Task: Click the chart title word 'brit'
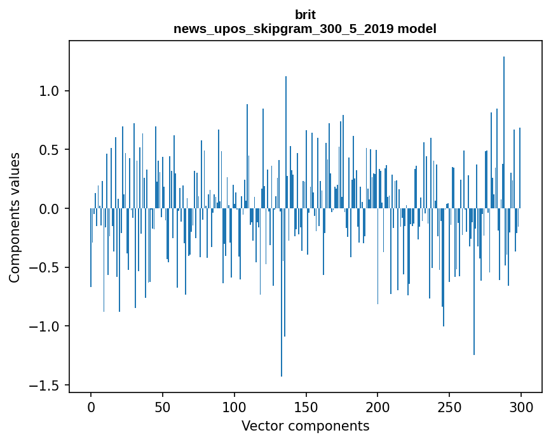(305, 15)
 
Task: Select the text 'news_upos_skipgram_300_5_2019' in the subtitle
(285, 29)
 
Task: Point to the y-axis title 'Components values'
(15, 217)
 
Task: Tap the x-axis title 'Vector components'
(305, 425)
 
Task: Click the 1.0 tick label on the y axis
(50, 91)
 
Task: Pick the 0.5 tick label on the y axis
(50, 150)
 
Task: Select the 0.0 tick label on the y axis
(50, 209)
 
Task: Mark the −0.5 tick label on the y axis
(46, 267)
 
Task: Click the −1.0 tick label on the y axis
(46, 326)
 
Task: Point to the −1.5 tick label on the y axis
(46, 385)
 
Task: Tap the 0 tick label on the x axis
(91, 406)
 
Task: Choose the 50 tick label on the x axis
(163, 406)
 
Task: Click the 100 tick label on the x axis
(235, 406)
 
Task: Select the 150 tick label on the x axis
(306, 406)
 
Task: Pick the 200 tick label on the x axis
(378, 406)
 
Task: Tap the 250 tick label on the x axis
(449, 406)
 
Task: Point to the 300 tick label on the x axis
(521, 406)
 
